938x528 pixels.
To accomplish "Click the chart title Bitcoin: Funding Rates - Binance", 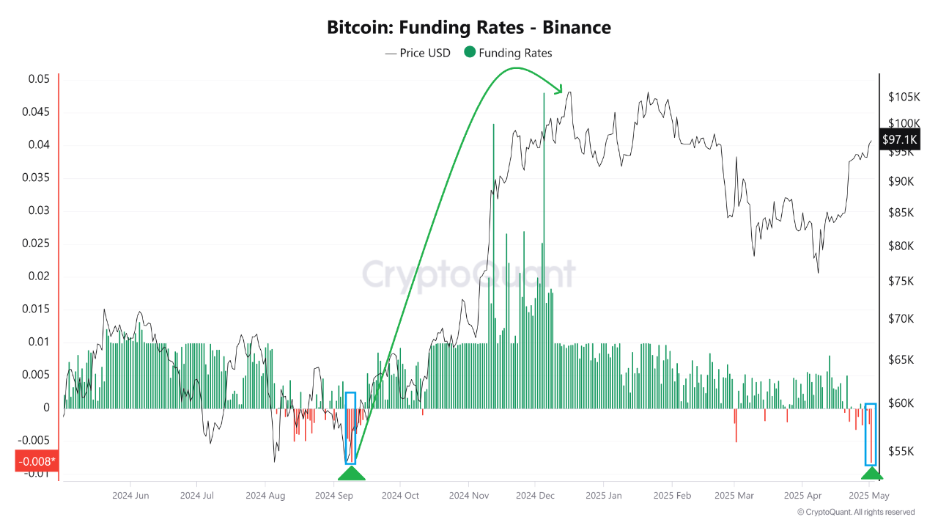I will pyautogui.click(x=468, y=28).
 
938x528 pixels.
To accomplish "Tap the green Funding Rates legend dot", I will pyautogui.click(x=470, y=52).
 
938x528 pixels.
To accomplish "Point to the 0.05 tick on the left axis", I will pyautogui.click(x=40, y=79).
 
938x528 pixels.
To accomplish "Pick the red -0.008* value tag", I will pyautogui.click(x=35, y=461).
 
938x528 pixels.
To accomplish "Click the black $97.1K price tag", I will pyautogui.click(x=900, y=139).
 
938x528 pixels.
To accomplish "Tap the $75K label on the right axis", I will pyautogui.click(x=901, y=282).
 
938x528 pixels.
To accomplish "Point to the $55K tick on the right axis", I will pyautogui.click(x=901, y=451).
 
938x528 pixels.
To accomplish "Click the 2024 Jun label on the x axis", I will pyautogui.click(x=130, y=496).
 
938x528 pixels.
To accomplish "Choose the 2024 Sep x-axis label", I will pyautogui.click(x=335, y=496).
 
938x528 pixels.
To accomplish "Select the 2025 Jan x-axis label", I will pyautogui.click(x=603, y=496).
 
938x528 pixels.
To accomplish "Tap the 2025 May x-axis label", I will pyautogui.click(x=869, y=496).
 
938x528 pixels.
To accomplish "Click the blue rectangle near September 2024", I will pyautogui.click(x=350, y=428).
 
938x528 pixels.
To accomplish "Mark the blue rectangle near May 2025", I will pyautogui.click(x=871, y=434).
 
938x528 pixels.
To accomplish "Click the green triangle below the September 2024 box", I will pyautogui.click(x=350, y=472).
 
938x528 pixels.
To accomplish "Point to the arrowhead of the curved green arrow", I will pyautogui.click(x=559, y=90).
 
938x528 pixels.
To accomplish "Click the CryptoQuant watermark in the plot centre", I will pyautogui.click(x=469, y=274).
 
